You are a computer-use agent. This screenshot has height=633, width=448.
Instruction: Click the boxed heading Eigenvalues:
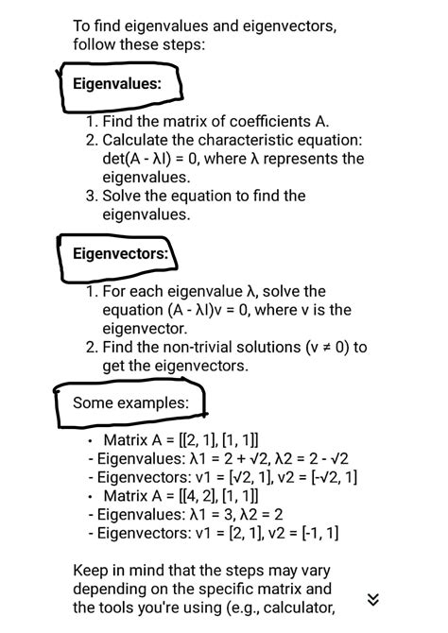117,84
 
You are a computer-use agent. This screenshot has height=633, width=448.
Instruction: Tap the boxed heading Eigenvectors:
120,253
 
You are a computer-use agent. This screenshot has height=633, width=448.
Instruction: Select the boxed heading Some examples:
130,403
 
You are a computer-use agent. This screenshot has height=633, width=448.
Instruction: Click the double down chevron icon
373,599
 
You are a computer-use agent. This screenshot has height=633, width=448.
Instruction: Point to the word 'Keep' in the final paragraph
91,571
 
